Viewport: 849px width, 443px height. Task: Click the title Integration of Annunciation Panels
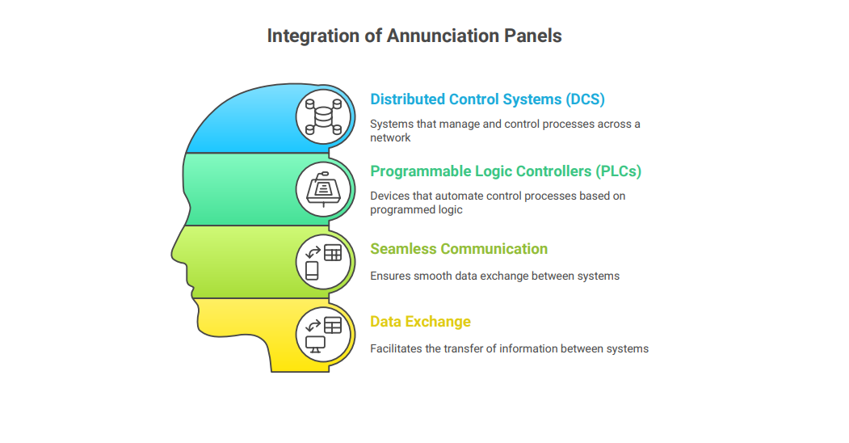pos(414,36)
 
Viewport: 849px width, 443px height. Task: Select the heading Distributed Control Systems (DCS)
pos(487,99)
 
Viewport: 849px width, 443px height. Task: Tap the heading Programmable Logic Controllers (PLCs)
pos(506,171)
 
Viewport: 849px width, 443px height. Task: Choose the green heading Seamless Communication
pos(459,248)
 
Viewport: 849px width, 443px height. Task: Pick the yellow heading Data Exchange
pos(420,322)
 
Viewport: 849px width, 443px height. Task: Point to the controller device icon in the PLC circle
pos(323,189)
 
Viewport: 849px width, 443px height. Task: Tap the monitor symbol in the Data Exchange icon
pos(315,344)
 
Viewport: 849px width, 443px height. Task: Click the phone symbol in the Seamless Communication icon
pos(312,271)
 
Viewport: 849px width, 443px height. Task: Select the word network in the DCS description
pos(390,137)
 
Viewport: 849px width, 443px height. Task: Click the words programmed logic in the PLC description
pos(416,209)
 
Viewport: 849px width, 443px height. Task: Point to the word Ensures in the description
pos(390,276)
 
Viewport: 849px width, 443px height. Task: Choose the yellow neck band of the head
pos(254,331)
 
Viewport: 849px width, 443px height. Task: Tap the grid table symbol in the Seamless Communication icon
pos(333,253)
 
